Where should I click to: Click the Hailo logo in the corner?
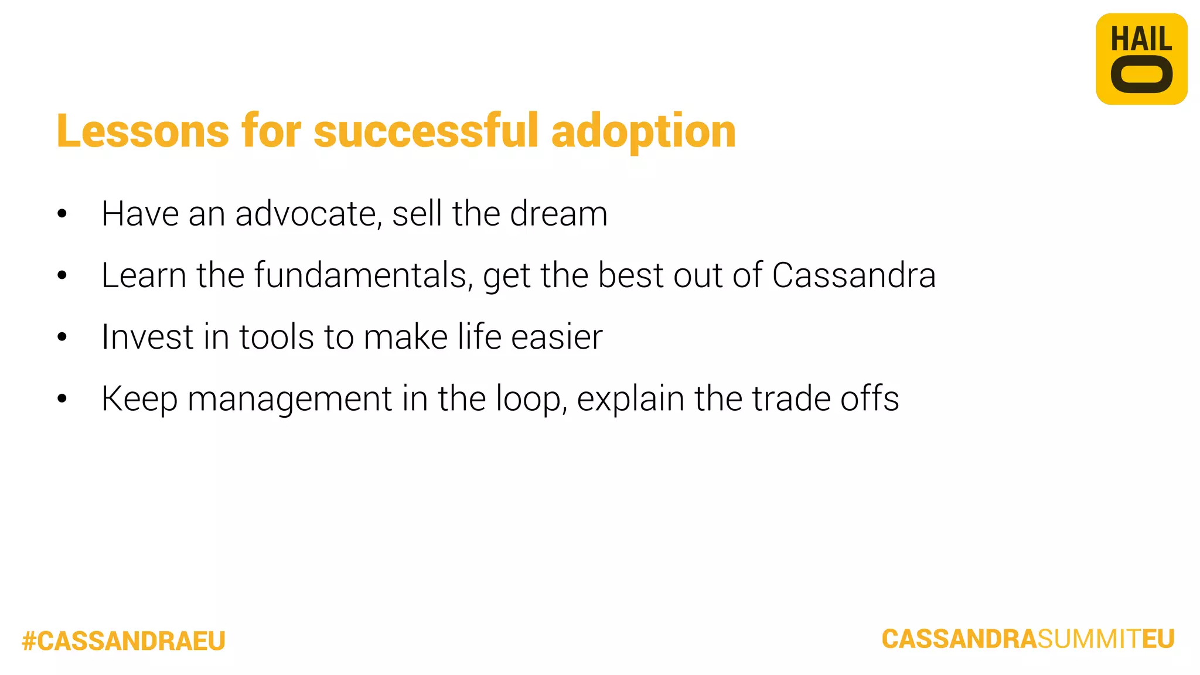(x=1141, y=59)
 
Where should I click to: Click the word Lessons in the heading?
(x=142, y=131)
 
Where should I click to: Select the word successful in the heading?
(x=426, y=131)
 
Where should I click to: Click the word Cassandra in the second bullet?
(x=854, y=275)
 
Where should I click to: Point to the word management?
(x=289, y=400)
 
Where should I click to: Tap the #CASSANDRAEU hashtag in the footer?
(x=124, y=641)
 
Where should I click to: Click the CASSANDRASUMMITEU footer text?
(x=1028, y=639)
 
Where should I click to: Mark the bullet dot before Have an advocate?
(x=62, y=214)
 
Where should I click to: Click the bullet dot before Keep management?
(x=62, y=399)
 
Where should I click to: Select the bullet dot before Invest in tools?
(x=62, y=337)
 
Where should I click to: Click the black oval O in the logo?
(x=1141, y=75)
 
